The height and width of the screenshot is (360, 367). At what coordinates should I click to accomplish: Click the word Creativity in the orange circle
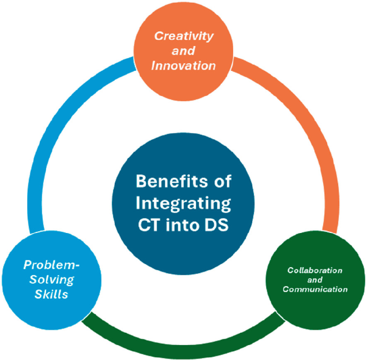[x=184, y=36]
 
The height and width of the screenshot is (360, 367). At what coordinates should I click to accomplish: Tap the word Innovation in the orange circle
[x=184, y=66]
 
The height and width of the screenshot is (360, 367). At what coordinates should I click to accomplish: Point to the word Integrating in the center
[x=183, y=204]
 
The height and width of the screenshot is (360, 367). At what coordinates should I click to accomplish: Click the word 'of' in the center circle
[x=221, y=182]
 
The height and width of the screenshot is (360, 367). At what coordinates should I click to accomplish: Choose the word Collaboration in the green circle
[x=314, y=270]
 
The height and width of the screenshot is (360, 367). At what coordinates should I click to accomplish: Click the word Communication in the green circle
[x=314, y=289]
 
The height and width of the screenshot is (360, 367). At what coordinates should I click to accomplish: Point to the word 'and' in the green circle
[x=314, y=280]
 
